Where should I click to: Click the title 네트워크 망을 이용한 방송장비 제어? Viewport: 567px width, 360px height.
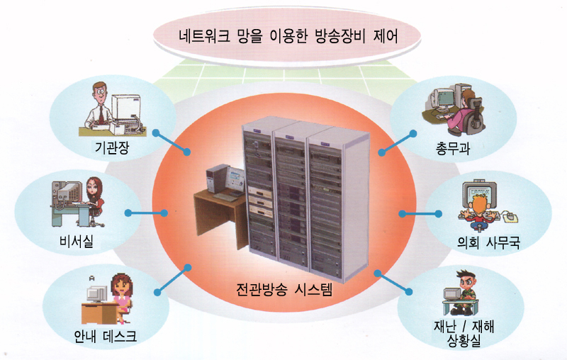tap(288, 36)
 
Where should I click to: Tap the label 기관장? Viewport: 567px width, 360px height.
tap(112, 147)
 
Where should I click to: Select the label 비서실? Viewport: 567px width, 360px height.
tap(77, 241)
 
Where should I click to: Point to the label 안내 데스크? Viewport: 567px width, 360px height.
tap(105, 336)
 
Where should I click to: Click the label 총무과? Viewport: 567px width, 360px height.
tap(453, 148)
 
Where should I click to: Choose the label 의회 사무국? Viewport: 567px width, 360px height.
tap(488, 242)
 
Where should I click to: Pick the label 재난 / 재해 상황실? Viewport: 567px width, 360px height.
tap(464, 333)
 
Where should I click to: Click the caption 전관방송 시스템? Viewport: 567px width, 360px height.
tap(284, 289)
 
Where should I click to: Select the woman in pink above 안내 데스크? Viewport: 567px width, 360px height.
tap(122, 296)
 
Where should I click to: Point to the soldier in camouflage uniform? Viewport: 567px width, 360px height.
tap(466, 292)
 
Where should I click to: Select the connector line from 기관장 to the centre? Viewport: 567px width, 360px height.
tap(172, 142)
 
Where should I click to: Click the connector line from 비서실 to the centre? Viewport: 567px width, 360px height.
tap(146, 213)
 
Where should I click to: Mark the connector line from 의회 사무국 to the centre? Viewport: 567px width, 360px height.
tap(420, 214)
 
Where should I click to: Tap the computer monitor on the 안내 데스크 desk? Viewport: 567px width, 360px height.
tap(97, 294)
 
